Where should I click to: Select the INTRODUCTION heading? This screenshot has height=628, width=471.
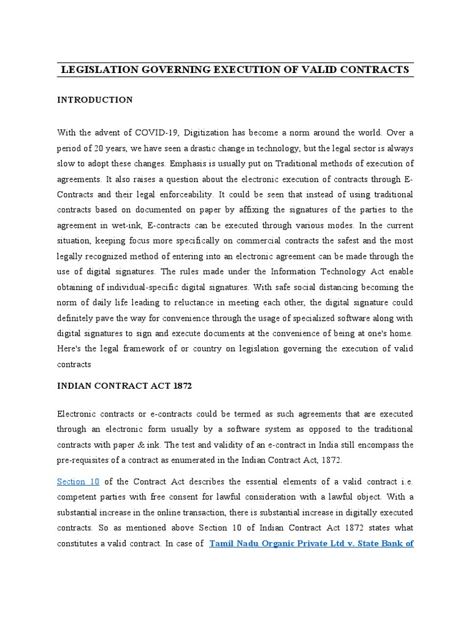coord(94,100)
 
